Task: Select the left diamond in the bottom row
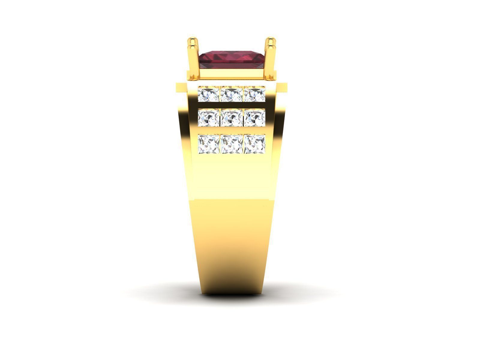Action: coord(209,144)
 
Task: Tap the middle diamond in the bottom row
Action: coord(231,144)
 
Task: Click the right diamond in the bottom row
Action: coord(254,144)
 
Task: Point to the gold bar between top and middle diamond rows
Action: coord(231,106)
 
